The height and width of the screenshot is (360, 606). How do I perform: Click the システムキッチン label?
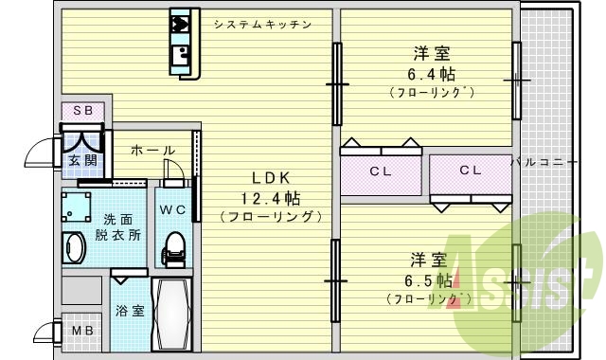[261, 24]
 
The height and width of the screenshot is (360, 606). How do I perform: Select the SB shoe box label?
[83, 111]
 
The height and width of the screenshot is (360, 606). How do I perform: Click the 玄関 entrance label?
[82, 159]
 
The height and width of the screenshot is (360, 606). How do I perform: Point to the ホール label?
[151, 151]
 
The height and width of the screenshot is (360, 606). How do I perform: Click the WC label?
[171, 209]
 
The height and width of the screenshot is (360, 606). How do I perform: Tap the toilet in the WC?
[172, 248]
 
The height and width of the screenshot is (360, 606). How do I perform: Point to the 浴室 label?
[130, 310]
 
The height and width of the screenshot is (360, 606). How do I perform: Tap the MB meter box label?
[82, 331]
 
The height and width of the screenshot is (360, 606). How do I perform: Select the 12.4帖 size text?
[269, 198]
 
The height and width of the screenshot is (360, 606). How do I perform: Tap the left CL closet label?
[381, 171]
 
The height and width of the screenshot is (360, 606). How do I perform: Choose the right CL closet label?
[471, 171]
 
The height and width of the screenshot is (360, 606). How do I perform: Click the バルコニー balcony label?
[544, 163]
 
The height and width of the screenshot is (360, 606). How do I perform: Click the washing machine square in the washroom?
[77, 205]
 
